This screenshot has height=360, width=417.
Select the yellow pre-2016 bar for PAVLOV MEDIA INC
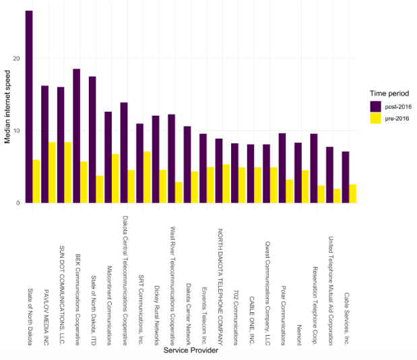tap(52, 172)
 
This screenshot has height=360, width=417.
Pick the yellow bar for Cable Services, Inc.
tap(352, 194)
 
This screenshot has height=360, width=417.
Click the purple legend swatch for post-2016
tap(375, 106)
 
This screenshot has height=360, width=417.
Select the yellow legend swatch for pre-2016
tap(375, 118)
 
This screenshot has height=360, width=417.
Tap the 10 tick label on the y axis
tap(18, 131)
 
